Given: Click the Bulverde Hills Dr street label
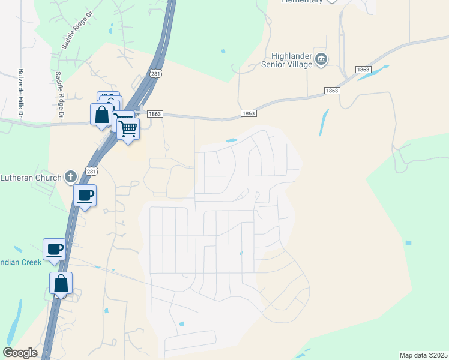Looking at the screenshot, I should (x=21, y=92).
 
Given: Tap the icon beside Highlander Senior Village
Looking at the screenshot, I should (x=322, y=59).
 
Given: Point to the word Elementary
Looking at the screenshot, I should (x=302, y=2).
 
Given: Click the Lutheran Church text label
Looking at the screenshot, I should (x=31, y=178).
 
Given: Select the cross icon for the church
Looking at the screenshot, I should (x=71, y=176).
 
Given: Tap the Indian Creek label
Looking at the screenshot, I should (x=21, y=262).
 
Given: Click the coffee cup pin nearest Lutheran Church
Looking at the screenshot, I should (x=85, y=195).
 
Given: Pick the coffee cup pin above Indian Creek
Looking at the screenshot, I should (x=54, y=249).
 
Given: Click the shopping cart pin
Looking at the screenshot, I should (x=128, y=128).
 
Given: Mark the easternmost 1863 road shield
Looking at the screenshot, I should (x=363, y=70).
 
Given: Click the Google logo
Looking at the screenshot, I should (x=20, y=353).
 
